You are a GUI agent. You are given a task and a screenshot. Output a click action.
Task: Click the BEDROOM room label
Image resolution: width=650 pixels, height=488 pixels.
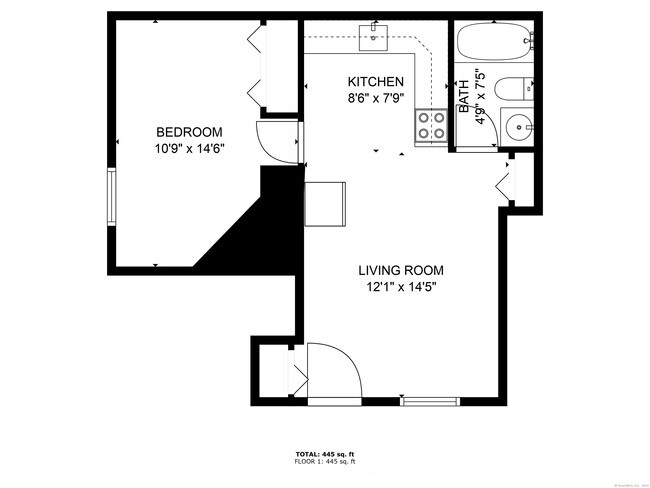(189, 132)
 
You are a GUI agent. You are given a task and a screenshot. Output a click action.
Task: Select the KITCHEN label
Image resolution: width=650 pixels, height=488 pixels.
(375, 82)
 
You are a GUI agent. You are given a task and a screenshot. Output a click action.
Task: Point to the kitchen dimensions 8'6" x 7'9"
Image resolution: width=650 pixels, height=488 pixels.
(375, 98)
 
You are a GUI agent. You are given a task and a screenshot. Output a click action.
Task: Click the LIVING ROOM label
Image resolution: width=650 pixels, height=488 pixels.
(401, 270)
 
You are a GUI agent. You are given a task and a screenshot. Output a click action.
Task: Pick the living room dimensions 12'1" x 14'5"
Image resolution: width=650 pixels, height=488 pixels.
(401, 287)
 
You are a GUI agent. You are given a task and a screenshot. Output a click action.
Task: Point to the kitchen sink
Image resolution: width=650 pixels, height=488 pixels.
(377, 37)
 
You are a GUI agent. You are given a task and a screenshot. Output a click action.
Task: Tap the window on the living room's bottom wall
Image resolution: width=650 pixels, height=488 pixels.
(431, 401)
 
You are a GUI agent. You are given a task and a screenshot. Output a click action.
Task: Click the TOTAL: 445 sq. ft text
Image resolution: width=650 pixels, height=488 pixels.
(324, 455)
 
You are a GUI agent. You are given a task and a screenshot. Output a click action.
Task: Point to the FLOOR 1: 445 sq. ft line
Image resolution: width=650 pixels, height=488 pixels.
(324, 463)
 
